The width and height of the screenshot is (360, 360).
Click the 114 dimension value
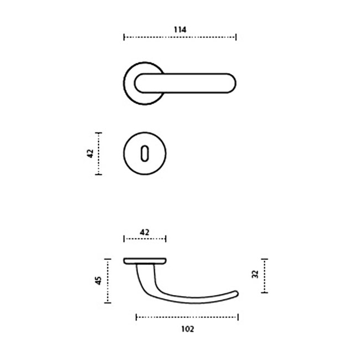180,29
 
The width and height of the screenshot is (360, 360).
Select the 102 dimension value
188,329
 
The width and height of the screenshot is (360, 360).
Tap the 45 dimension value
98,281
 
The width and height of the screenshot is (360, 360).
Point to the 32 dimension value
255,274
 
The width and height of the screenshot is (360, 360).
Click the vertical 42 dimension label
90,153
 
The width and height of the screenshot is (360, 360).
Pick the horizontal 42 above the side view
145,233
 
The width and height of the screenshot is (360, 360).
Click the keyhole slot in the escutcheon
145,153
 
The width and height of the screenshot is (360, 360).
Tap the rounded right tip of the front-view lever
235,83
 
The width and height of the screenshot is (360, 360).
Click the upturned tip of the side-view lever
236,294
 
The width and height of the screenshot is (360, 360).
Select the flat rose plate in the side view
145,261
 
